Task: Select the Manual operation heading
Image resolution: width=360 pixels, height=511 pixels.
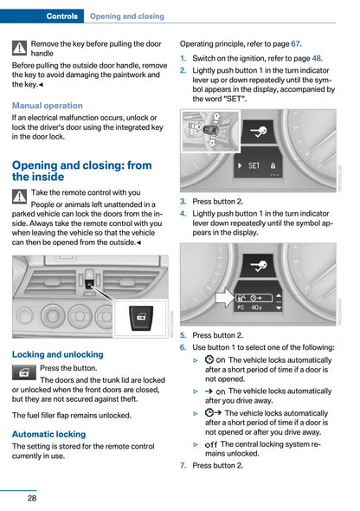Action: point(48,105)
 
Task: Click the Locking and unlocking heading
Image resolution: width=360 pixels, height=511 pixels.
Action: point(58,354)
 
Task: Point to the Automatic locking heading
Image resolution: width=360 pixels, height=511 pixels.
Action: point(49,434)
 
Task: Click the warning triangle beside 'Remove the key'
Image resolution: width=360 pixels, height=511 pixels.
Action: point(20,49)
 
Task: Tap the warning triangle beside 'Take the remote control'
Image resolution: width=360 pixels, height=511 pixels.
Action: point(20,197)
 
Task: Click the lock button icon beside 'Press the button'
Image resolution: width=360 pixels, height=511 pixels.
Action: point(24,372)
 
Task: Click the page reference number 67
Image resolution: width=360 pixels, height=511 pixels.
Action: point(296,42)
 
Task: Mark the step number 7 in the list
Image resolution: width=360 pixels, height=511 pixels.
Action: point(183,465)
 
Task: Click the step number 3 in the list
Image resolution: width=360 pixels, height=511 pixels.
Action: point(183,201)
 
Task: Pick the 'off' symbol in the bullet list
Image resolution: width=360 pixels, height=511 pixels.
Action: point(211,444)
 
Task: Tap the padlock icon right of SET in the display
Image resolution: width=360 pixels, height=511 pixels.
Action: point(273,164)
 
